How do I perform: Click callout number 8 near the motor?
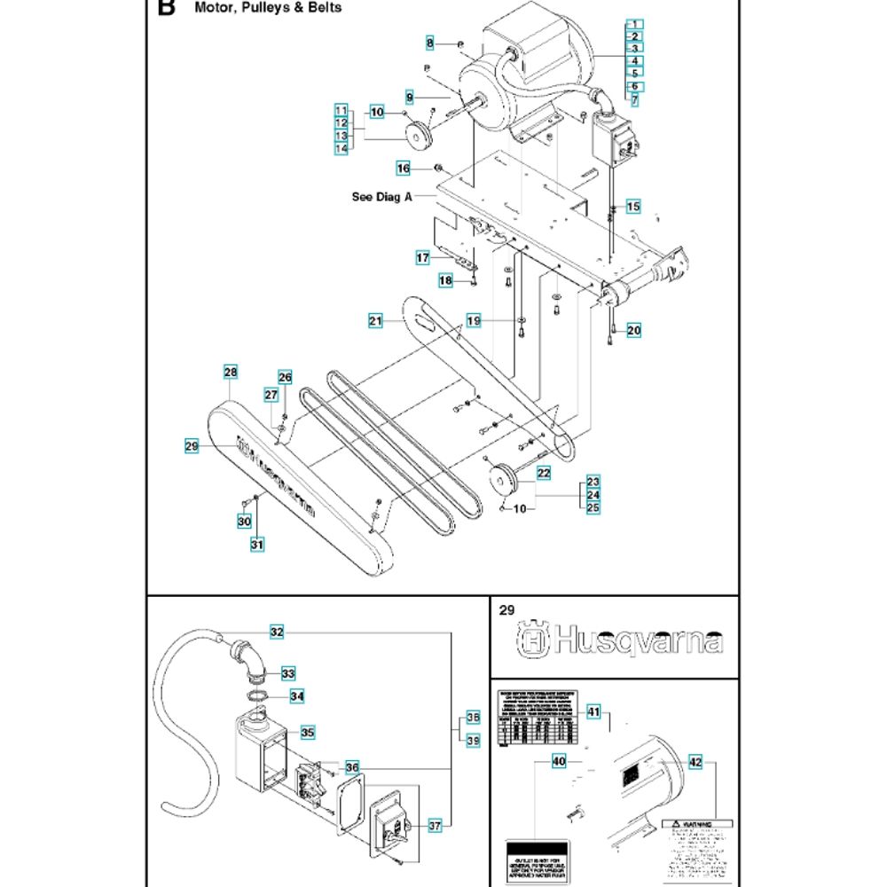(x=430, y=43)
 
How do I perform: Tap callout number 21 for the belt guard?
(x=375, y=320)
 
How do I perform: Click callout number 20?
(x=633, y=330)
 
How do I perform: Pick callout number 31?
(x=257, y=544)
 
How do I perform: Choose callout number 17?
(x=423, y=257)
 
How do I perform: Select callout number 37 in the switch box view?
(x=435, y=826)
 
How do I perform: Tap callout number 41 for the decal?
(x=593, y=711)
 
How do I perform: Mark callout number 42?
(x=695, y=761)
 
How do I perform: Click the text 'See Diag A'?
(x=382, y=198)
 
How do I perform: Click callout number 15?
(x=632, y=207)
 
